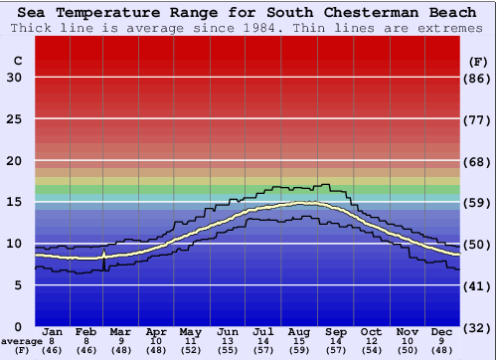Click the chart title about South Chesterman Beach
pos(248,12)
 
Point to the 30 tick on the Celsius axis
pos(14,78)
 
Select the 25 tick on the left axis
pos(14,119)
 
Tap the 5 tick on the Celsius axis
pos(18,285)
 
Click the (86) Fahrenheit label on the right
pos(479,78)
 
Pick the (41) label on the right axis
pos(479,285)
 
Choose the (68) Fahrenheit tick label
pos(479,161)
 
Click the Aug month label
pos(298,331)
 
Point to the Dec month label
pos(442,331)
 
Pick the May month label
pos(190,331)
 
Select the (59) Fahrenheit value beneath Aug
pos(298,351)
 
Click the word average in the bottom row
pos(22,341)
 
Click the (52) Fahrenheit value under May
pos(190,351)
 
